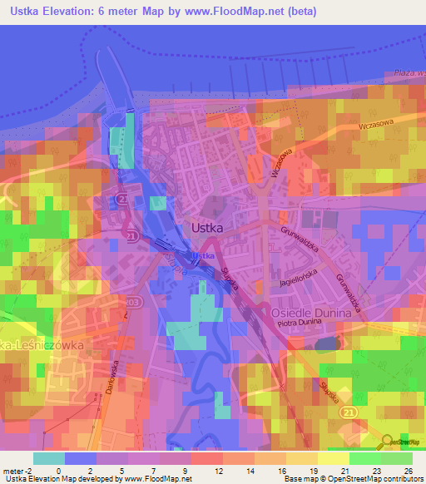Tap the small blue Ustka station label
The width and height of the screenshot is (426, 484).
(203, 255)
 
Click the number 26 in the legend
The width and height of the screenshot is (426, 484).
(409, 471)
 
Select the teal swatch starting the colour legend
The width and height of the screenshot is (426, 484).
(49, 458)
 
